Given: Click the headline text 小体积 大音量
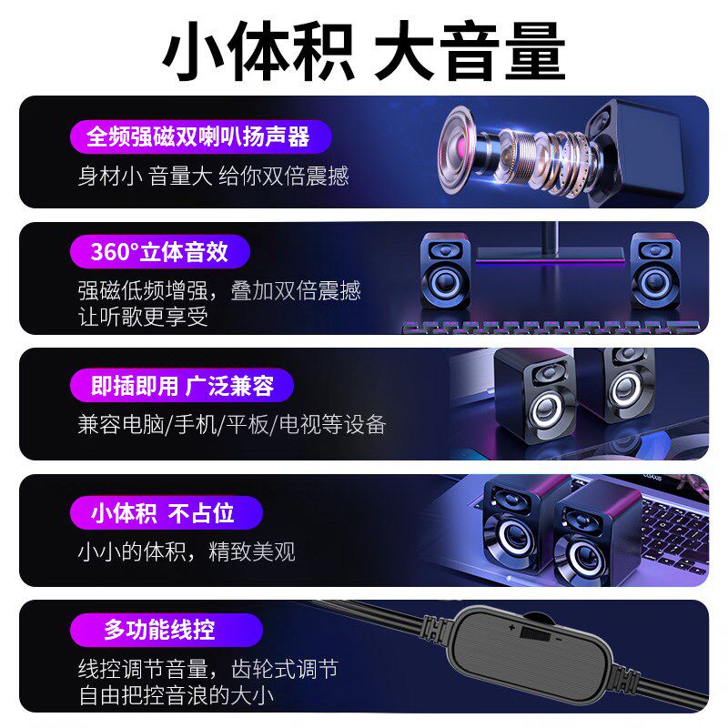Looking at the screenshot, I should click(364, 53).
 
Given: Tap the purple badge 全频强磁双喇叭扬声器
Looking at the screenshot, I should click(198, 136).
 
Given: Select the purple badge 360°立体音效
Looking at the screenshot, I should click(159, 251).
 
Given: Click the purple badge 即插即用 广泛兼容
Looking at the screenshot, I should click(182, 386).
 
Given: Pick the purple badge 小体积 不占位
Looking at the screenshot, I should click(164, 512).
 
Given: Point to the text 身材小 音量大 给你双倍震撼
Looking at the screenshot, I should click(213, 176).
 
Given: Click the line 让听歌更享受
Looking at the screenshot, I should click(143, 317).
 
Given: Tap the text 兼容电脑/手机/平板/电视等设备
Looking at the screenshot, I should click(232, 424).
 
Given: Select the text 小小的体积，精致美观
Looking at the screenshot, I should click(187, 551).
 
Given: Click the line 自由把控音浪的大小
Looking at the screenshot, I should click(178, 697).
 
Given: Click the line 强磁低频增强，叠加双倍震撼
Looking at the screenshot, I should click(219, 290).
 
